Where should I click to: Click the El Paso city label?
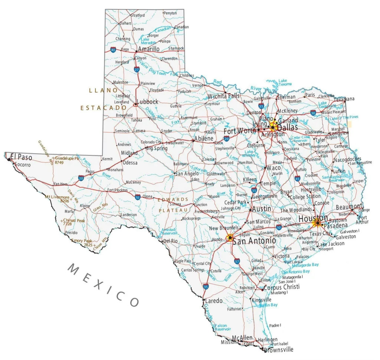click(x=21, y=157)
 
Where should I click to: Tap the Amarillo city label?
click(x=148, y=49)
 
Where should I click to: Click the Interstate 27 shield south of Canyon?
click(x=137, y=69)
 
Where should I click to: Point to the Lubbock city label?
click(x=147, y=102)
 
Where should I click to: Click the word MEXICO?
click(x=104, y=285)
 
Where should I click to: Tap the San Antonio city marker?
click(x=230, y=238)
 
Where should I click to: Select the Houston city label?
click(x=313, y=218)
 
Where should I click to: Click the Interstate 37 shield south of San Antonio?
click(x=237, y=262)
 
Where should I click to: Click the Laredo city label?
click(x=214, y=301)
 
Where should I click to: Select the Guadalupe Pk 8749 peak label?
click(x=67, y=160)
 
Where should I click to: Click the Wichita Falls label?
click(x=223, y=96)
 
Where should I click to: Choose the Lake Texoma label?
click(x=285, y=82)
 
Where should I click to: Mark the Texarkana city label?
click(x=344, y=99)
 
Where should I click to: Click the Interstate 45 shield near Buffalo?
click(x=297, y=179)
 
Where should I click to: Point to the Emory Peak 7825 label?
click(x=83, y=243)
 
